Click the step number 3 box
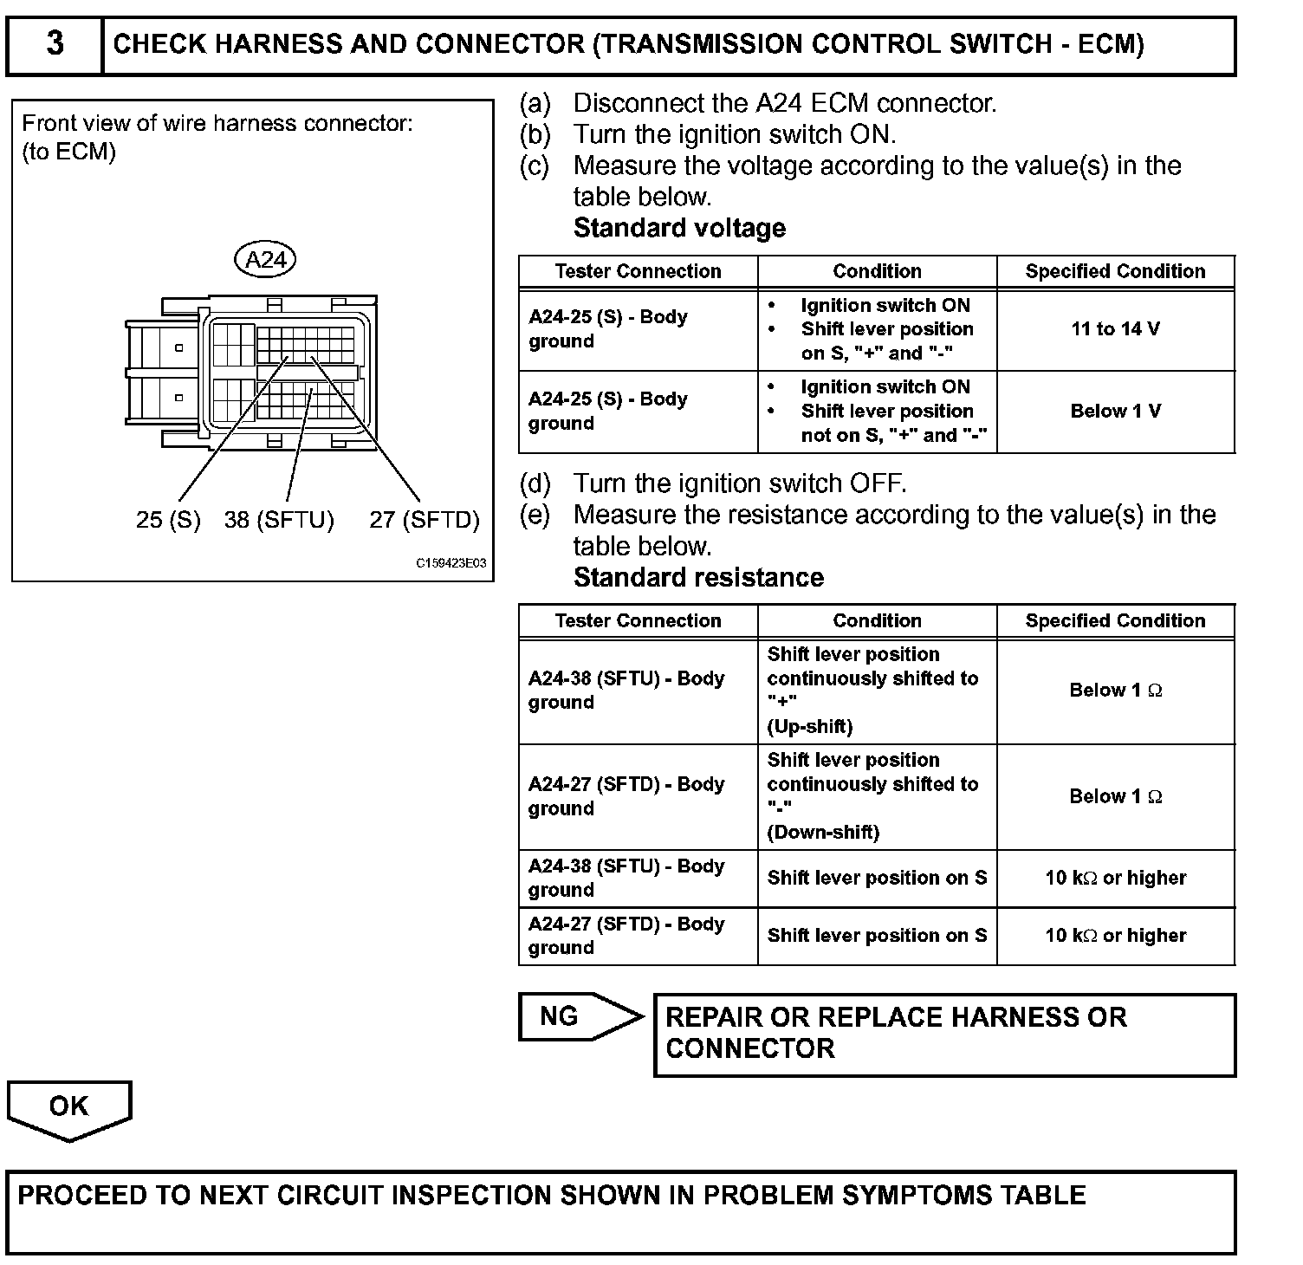55,43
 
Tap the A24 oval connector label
265,259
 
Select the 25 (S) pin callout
168,520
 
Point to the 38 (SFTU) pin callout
279,520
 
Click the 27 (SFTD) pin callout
424,520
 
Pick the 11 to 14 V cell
1115,329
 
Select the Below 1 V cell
1115,412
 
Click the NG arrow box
575,1016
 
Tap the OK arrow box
69,1108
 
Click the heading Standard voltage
679,229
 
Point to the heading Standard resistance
698,578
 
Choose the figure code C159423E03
451,563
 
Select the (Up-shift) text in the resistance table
810,727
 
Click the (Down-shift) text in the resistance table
823,833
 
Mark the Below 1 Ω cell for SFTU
1115,691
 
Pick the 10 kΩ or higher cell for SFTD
1115,936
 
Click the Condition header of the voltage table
877,271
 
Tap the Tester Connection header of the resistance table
638,620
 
